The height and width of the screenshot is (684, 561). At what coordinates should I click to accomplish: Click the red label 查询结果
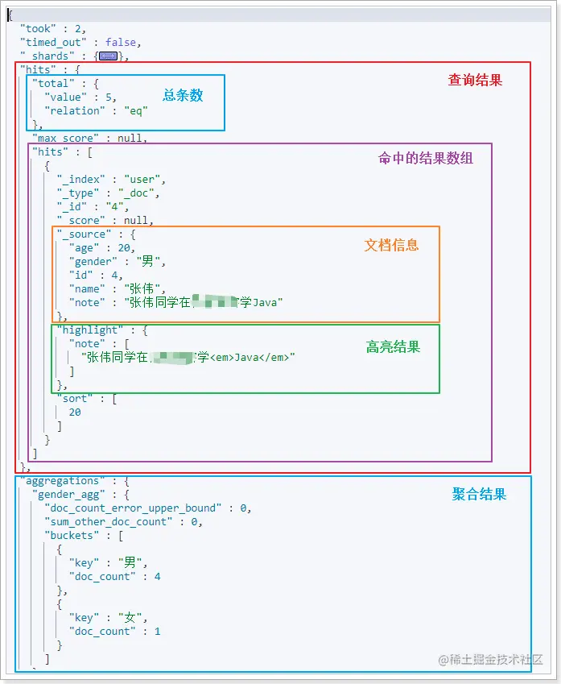point(475,81)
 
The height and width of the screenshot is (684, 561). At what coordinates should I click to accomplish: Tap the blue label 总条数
point(183,95)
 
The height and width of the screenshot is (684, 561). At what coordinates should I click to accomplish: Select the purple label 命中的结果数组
point(425,158)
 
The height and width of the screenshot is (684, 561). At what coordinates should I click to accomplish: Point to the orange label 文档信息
point(391,245)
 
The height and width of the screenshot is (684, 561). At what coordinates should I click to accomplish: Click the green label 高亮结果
point(393,347)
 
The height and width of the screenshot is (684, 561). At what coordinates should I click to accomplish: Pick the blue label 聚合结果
point(479,495)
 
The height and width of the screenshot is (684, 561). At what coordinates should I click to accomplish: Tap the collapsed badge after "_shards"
point(108,56)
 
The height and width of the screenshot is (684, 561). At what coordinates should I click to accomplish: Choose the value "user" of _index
point(146,179)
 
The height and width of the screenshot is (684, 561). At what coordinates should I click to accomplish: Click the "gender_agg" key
point(71,494)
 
